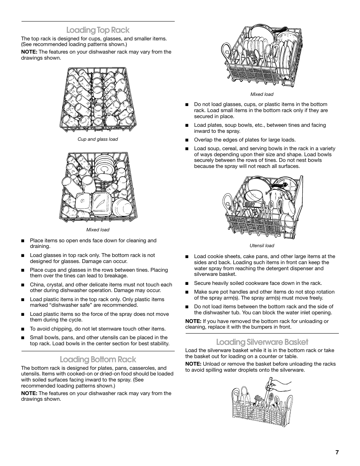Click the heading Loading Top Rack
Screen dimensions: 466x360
pyautogui.click(x=98, y=30)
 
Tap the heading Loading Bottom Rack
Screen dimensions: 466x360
pyautogui.click(x=98, y=359)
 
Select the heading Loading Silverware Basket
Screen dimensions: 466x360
pyautogui.click(x=262, y=342)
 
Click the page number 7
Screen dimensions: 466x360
pyautogui.click(x=337, y=452)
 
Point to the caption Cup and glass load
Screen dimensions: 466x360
pyautogui.click(x=98, y=139)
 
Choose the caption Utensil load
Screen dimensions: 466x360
pyautogui.click(x=262, y=246)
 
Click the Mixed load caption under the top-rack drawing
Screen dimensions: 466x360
pyautogui.click(x=98, y=230)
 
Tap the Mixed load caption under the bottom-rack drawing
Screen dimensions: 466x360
pyautogui.click(x=262, y=94)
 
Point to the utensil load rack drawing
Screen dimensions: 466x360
pyautogui.click(x=262, y=208)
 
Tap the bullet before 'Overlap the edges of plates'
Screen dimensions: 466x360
pyautogui.click(x=186, y=140)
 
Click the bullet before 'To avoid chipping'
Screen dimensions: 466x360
pyautogui.click(x=23, y=329)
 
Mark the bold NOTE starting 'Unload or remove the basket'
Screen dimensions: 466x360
pyautogui.click(x=193, y=364)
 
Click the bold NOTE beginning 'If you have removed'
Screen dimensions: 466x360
pyautogui.click(x=193, y=321)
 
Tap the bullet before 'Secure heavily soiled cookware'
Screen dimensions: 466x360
pyautogui.click(x=186, y=283)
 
